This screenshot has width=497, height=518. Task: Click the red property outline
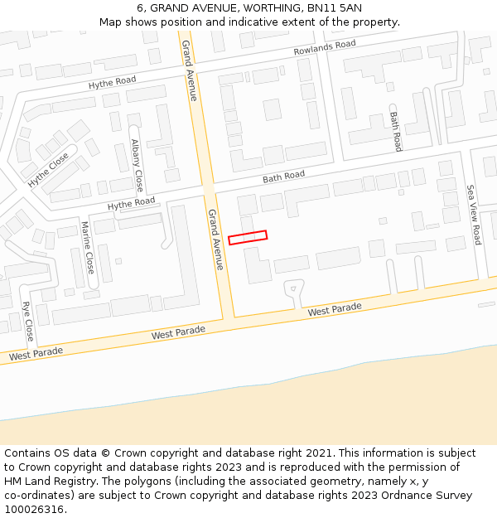pos(248,237)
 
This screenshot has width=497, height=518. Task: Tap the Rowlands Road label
pos(325,49)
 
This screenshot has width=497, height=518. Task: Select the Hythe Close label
pos(48,169)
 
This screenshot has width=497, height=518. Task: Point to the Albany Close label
pos(137,165)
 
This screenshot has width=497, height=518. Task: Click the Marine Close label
pos(87,249)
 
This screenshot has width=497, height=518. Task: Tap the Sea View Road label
pos(474,215)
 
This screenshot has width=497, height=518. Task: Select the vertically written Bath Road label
pos(396,131)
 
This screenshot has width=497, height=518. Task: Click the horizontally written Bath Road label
pos(283,177)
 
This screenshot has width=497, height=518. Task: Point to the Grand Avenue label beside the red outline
pos(215,239)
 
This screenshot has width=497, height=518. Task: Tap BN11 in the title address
pos(321,7)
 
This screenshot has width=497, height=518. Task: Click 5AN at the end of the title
pos(350,7)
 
